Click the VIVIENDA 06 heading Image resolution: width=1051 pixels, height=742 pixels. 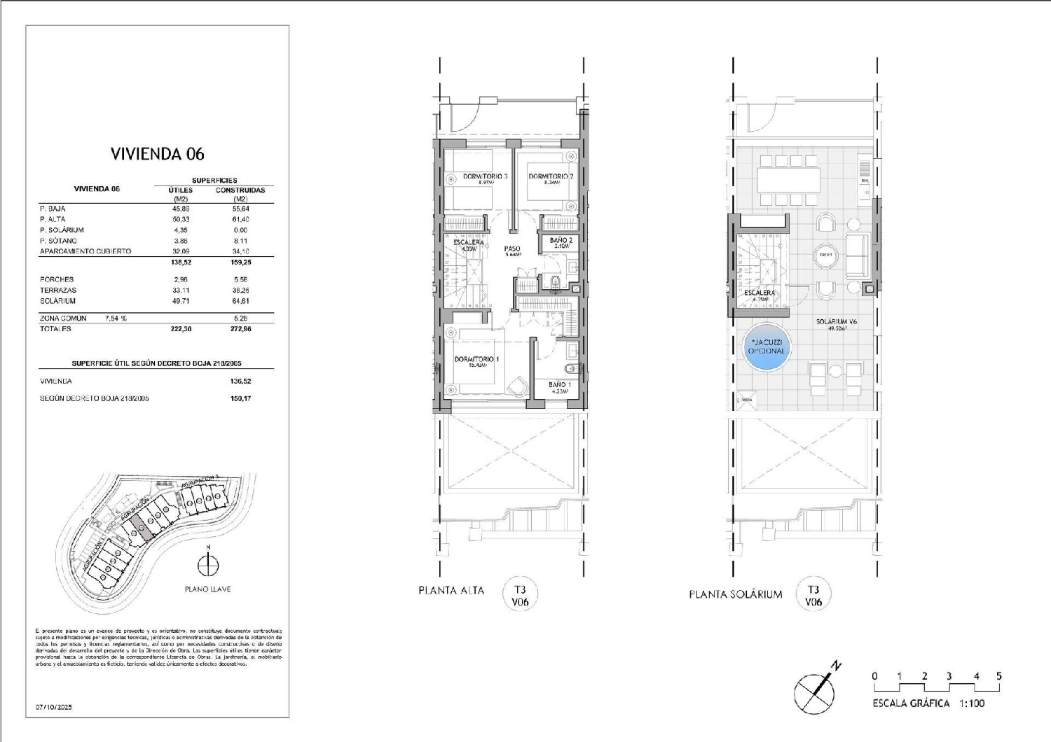click(x=157, y=154)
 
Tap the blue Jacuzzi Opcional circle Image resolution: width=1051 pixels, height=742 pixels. click(x=767, y=347)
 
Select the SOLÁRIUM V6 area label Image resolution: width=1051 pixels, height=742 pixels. click(x=837, y=323)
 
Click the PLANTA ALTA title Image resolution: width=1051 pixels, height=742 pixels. click(x=451, y=591)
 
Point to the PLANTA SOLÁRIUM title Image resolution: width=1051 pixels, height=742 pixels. click(x=735, y=595)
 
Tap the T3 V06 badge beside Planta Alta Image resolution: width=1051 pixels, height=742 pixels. click(x=520, y=596)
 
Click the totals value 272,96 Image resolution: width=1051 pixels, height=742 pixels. click(x=240, y=329)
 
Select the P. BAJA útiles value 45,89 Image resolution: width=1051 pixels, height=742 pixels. click(x=181, y=209)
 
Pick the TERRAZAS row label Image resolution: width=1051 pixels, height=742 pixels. click(x=58, y=290)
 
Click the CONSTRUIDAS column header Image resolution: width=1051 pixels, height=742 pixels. click(x=240, y=190)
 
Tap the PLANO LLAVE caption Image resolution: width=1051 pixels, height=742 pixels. click(x=207, y=589)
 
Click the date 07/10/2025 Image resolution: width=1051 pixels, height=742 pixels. click(x=54, y=708)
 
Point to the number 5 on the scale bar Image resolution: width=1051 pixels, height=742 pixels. click(x=998, y=676)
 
